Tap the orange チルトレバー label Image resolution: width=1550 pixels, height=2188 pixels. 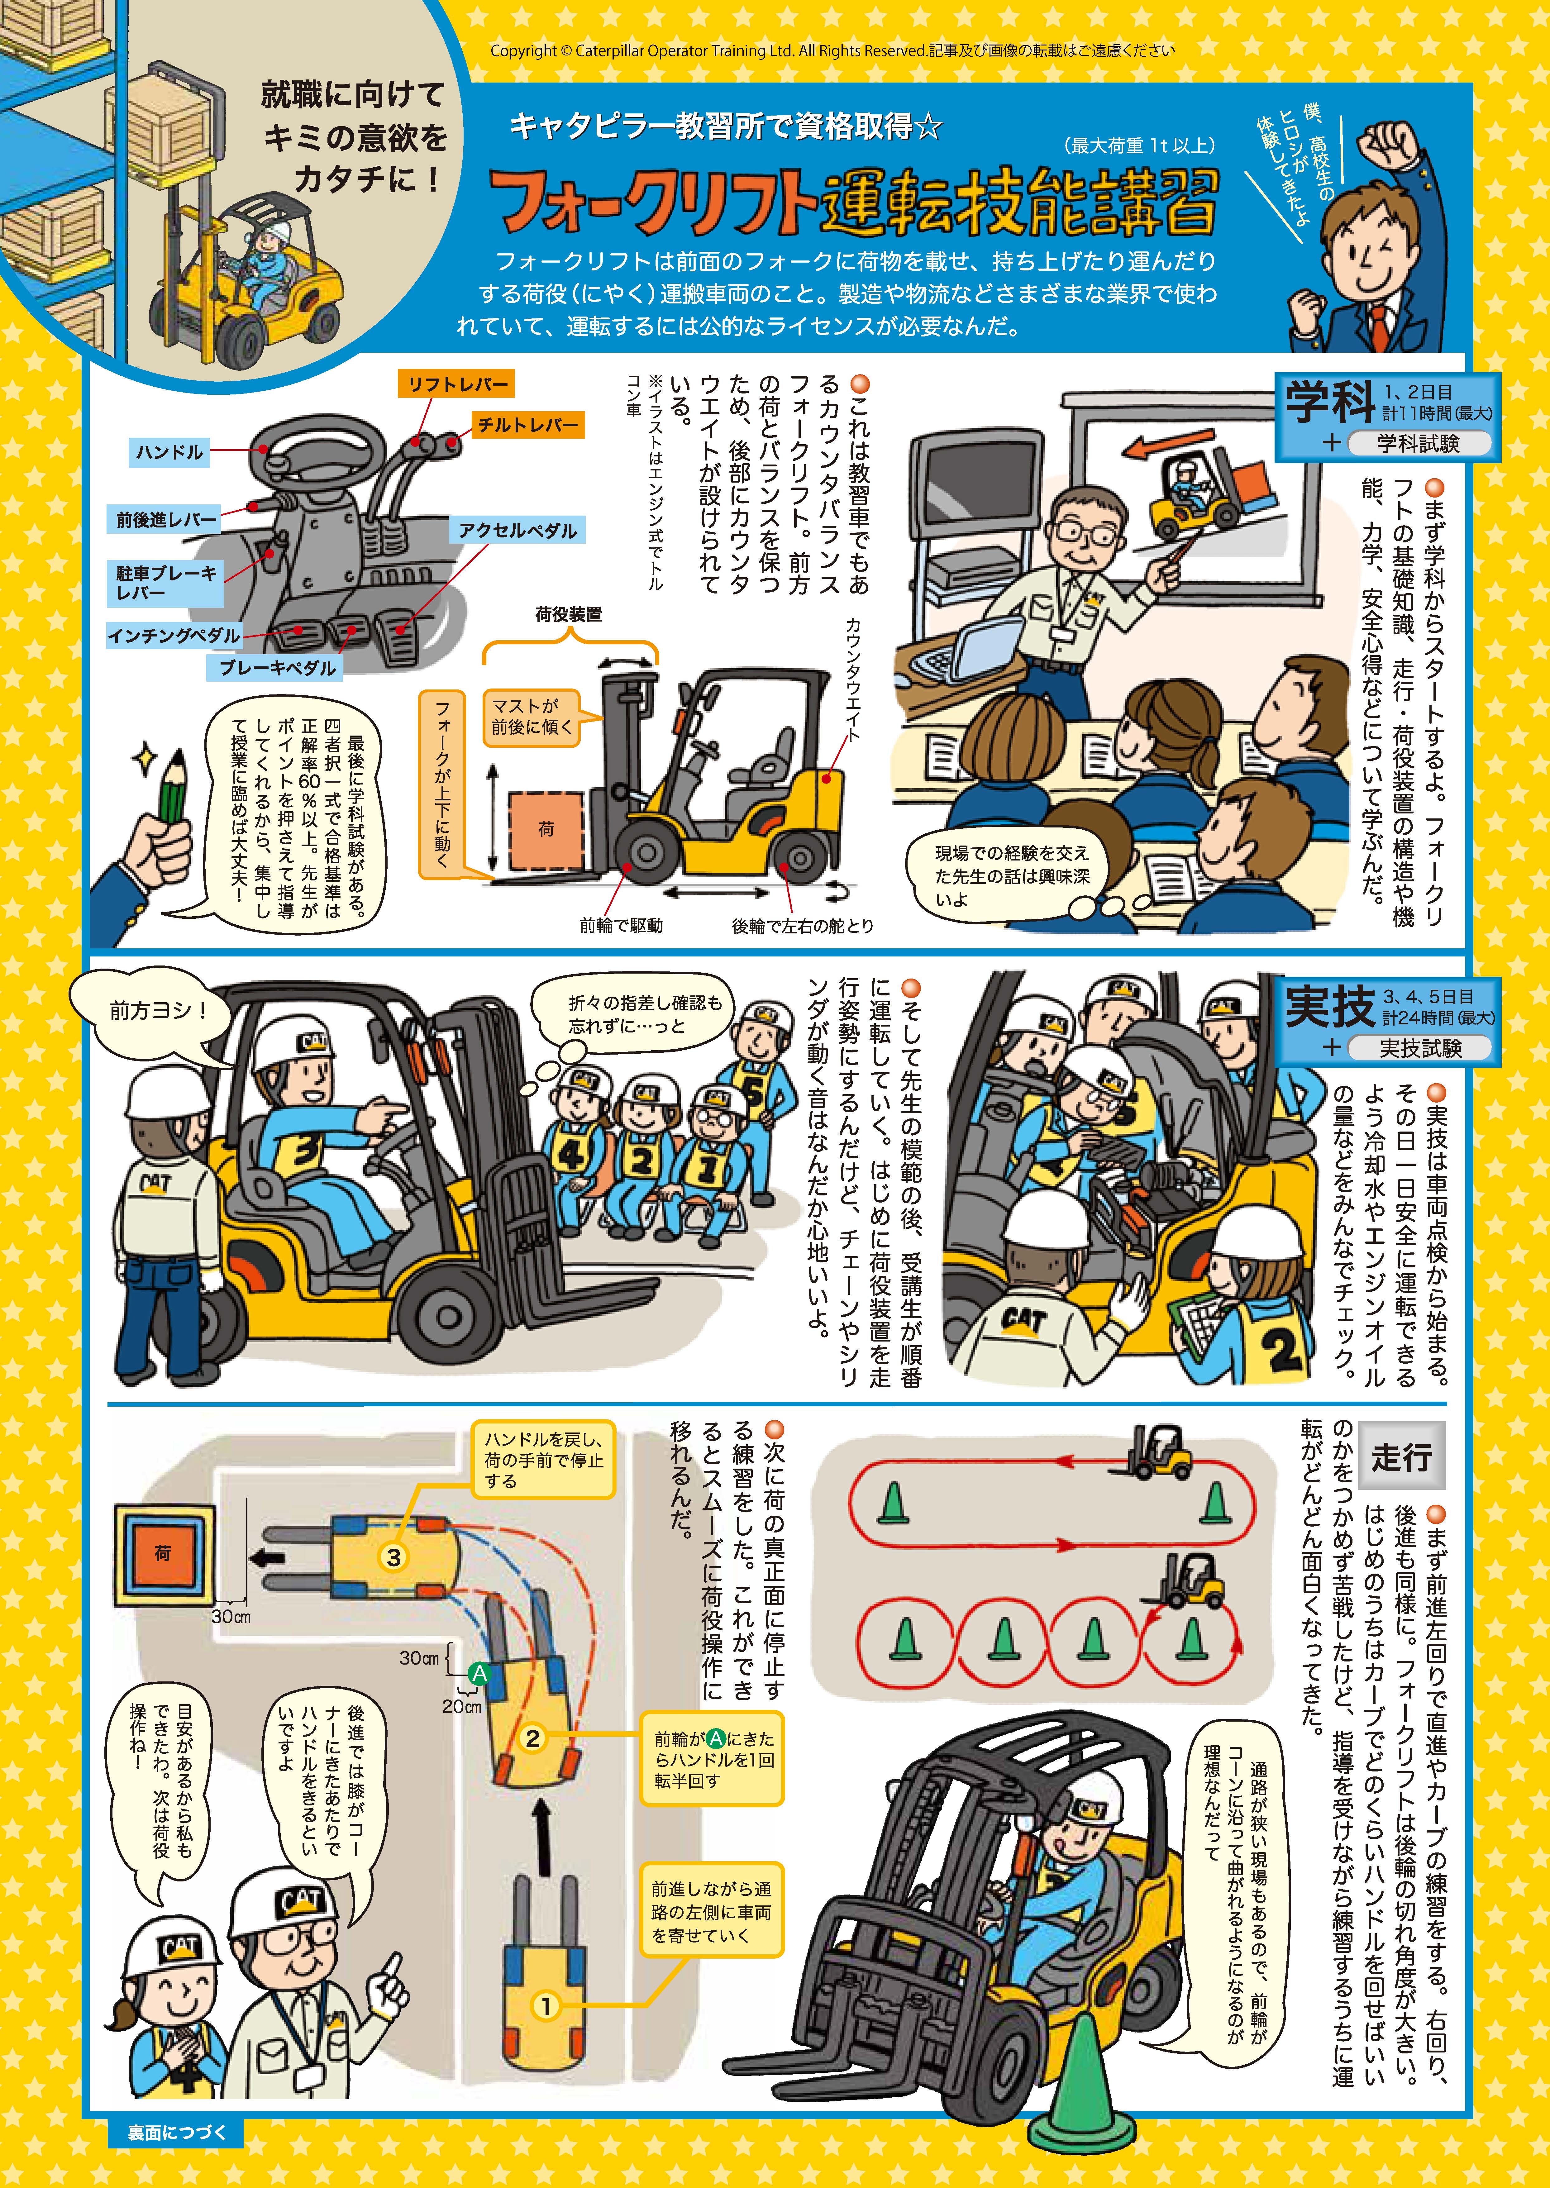[x=527, y=425]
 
